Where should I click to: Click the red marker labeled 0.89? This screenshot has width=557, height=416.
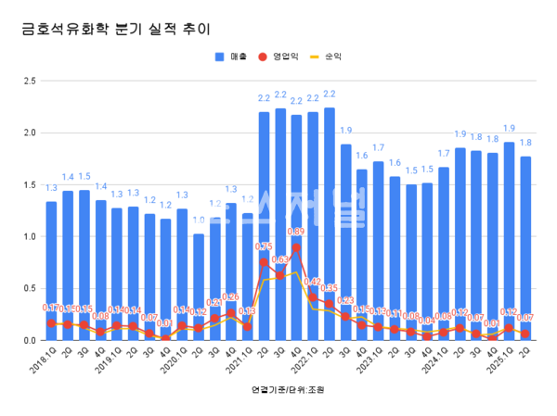click(x=296, y=248)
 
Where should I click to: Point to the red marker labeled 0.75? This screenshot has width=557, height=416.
click(x=264, y=262)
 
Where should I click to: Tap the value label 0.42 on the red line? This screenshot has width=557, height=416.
click(x=313, y=282)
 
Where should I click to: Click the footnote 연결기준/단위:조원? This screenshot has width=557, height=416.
click(x=278, y=390)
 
